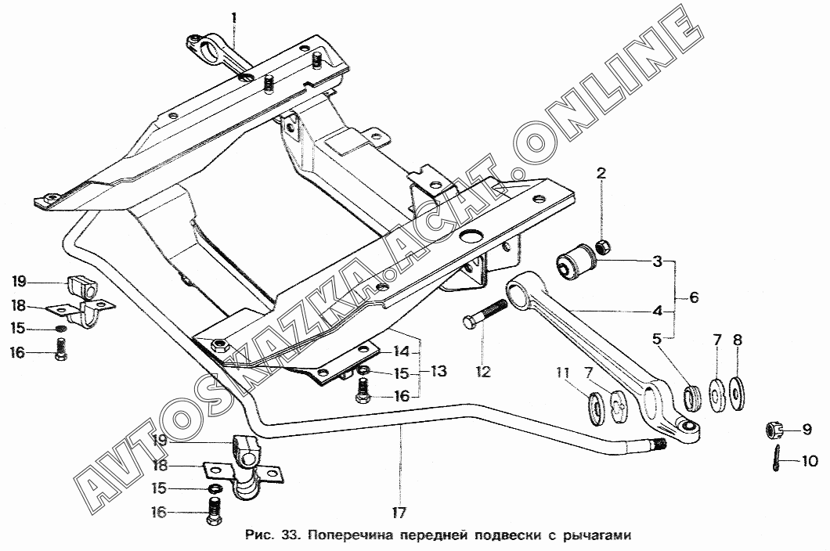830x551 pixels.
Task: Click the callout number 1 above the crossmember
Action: (234, 16)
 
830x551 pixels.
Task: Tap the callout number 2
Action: (601, 173)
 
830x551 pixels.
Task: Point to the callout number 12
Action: (483, 373)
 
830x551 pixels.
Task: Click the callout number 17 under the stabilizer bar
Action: (400, 513)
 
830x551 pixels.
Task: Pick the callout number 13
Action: (438, 371)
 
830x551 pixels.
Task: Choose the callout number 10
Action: (810, 462)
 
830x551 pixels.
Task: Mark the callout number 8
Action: (738, 340)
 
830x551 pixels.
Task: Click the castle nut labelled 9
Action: (773, 429)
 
